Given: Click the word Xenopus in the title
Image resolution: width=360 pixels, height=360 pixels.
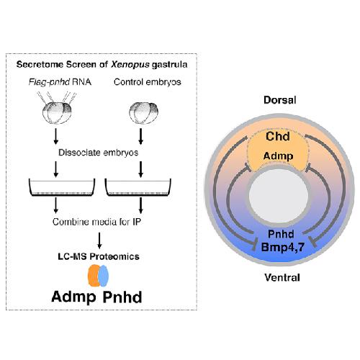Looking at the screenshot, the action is coord(130,65).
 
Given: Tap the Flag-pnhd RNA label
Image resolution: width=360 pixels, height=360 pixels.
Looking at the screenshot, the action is coord(60,82).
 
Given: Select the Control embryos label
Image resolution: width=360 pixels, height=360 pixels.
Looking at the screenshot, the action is coord(148,82).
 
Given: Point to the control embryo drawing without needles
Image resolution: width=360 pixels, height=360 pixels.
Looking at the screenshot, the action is coord(144,113).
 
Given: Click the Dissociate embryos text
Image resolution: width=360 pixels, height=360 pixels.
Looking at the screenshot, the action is coord(99,153).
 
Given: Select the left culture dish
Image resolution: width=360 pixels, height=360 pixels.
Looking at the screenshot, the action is coord(62,187).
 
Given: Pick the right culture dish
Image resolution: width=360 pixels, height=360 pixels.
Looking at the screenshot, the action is coord(138,187).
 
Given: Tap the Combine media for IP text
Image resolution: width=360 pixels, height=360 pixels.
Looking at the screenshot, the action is coord(96,222).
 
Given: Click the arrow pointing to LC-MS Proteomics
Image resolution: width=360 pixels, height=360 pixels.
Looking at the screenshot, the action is coord(99,240).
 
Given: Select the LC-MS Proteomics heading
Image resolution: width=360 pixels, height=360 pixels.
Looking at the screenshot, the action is coord(99,256).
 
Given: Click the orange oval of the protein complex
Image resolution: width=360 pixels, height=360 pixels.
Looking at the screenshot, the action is coord(94,276).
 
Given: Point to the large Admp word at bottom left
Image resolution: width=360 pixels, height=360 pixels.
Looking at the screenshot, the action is coord(73,297).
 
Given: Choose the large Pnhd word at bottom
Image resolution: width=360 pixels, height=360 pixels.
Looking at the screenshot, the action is coord(122,297).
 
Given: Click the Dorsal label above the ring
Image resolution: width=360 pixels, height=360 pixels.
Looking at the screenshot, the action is coord(280,100).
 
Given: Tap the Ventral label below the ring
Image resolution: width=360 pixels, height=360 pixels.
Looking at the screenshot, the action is coord(282,278).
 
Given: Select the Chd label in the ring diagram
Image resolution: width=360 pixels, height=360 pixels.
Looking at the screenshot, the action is coord(278,137).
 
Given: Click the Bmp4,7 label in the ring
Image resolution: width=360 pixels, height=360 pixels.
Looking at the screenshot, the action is coord(283,247).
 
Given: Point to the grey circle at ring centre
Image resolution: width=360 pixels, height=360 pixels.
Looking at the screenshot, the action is coord(279,195).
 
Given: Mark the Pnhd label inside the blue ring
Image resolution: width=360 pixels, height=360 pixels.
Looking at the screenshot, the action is coord(281,234).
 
